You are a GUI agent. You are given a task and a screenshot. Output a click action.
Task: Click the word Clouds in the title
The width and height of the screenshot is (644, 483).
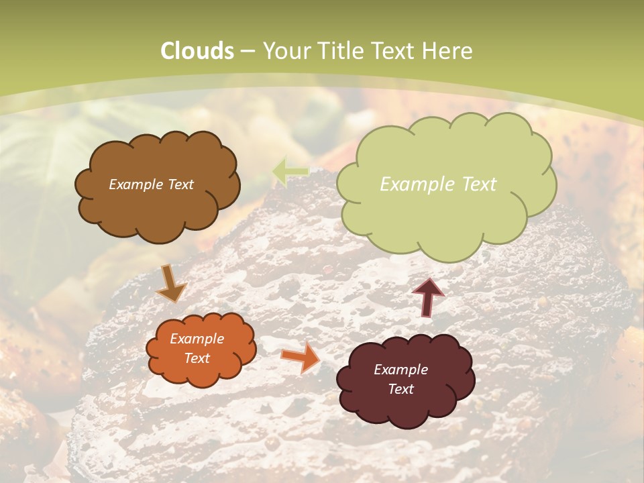[x=197, y=51]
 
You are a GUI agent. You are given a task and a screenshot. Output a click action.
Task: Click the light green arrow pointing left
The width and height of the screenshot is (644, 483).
[x=290, y=171]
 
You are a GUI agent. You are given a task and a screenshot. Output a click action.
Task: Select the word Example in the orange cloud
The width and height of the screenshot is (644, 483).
[x=197, y=339]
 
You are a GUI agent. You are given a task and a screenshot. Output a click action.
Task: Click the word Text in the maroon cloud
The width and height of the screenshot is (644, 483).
[x=400, y=389]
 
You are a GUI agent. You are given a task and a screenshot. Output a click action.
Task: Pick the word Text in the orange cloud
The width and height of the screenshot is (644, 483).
[x=197, y=358]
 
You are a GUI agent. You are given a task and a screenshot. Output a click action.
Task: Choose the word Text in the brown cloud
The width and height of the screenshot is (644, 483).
[x=180, y=184]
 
